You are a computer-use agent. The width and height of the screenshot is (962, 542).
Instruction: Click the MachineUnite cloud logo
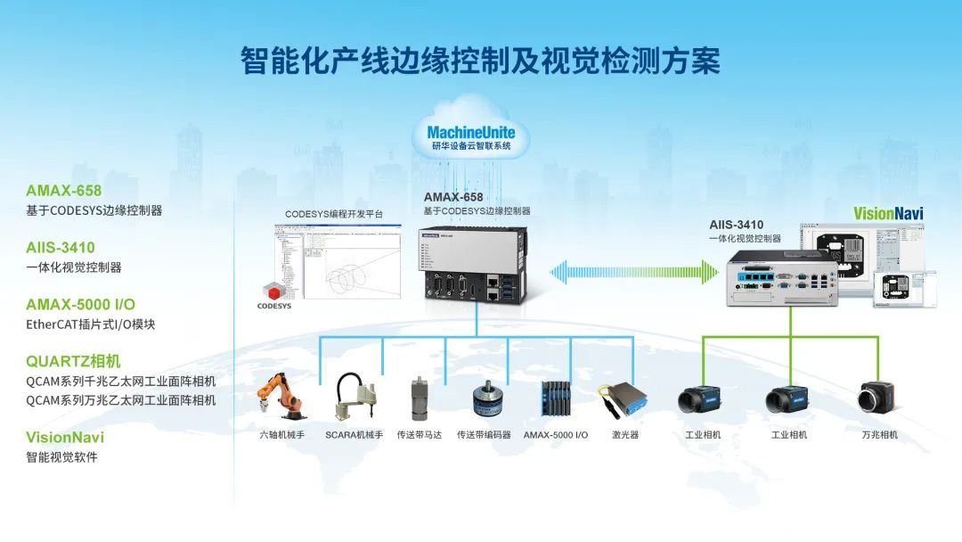coord(470,138)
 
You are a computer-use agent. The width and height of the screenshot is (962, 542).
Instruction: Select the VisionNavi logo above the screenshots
coord(888,213)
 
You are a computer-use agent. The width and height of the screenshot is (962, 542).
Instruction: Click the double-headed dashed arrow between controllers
coord(634,270)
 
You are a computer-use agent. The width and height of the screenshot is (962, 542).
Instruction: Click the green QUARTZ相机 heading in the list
coord(73,361)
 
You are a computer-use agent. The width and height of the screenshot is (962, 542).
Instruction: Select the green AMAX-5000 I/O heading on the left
coord(81,304)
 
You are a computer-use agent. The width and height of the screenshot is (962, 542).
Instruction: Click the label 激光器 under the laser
coord(624,435)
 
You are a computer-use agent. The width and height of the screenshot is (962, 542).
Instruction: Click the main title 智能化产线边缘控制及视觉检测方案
coord(481,60)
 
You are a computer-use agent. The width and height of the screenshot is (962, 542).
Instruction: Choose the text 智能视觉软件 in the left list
coord(61,457)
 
